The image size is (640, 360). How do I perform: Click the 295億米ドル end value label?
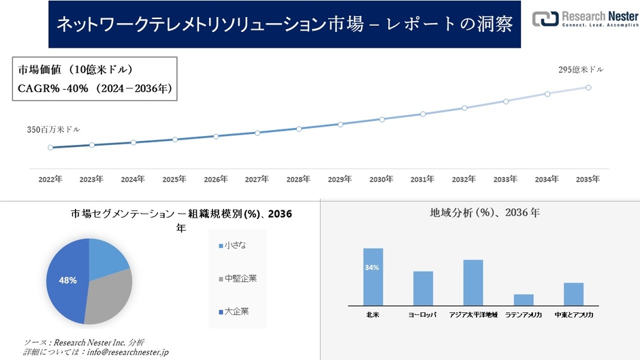click(x=580, y=69)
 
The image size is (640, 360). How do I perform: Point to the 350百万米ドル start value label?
click(x=54, y=129)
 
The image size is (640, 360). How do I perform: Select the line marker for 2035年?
click(x=588, y=87)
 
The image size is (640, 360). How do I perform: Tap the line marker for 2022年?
click(x=50, y=147)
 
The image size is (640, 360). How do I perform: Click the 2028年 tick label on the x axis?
click(x=298, y=179)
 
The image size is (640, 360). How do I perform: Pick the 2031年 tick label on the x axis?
click(x=422, y=179)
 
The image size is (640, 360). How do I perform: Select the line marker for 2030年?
click(x=381, y=119)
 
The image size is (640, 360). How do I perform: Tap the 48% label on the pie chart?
click(x=67, y=280)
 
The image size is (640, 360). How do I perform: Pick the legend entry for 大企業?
click(x=234, y=312)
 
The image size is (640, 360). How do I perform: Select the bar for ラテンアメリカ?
click(x=524, y=299)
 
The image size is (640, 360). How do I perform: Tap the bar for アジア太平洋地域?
click(x=473, y=282)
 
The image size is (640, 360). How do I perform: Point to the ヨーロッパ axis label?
click(x=423, y=316)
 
